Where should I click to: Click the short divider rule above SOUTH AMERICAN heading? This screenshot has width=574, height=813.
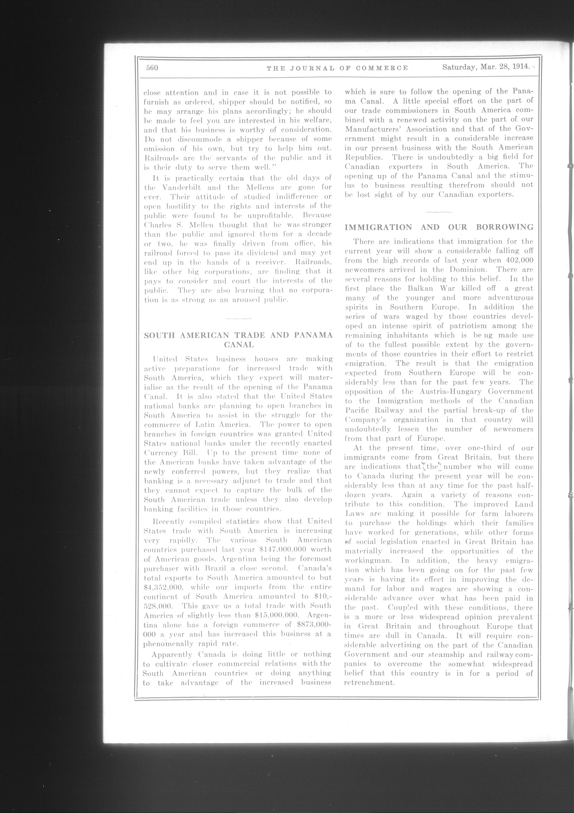tap(238, 319)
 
